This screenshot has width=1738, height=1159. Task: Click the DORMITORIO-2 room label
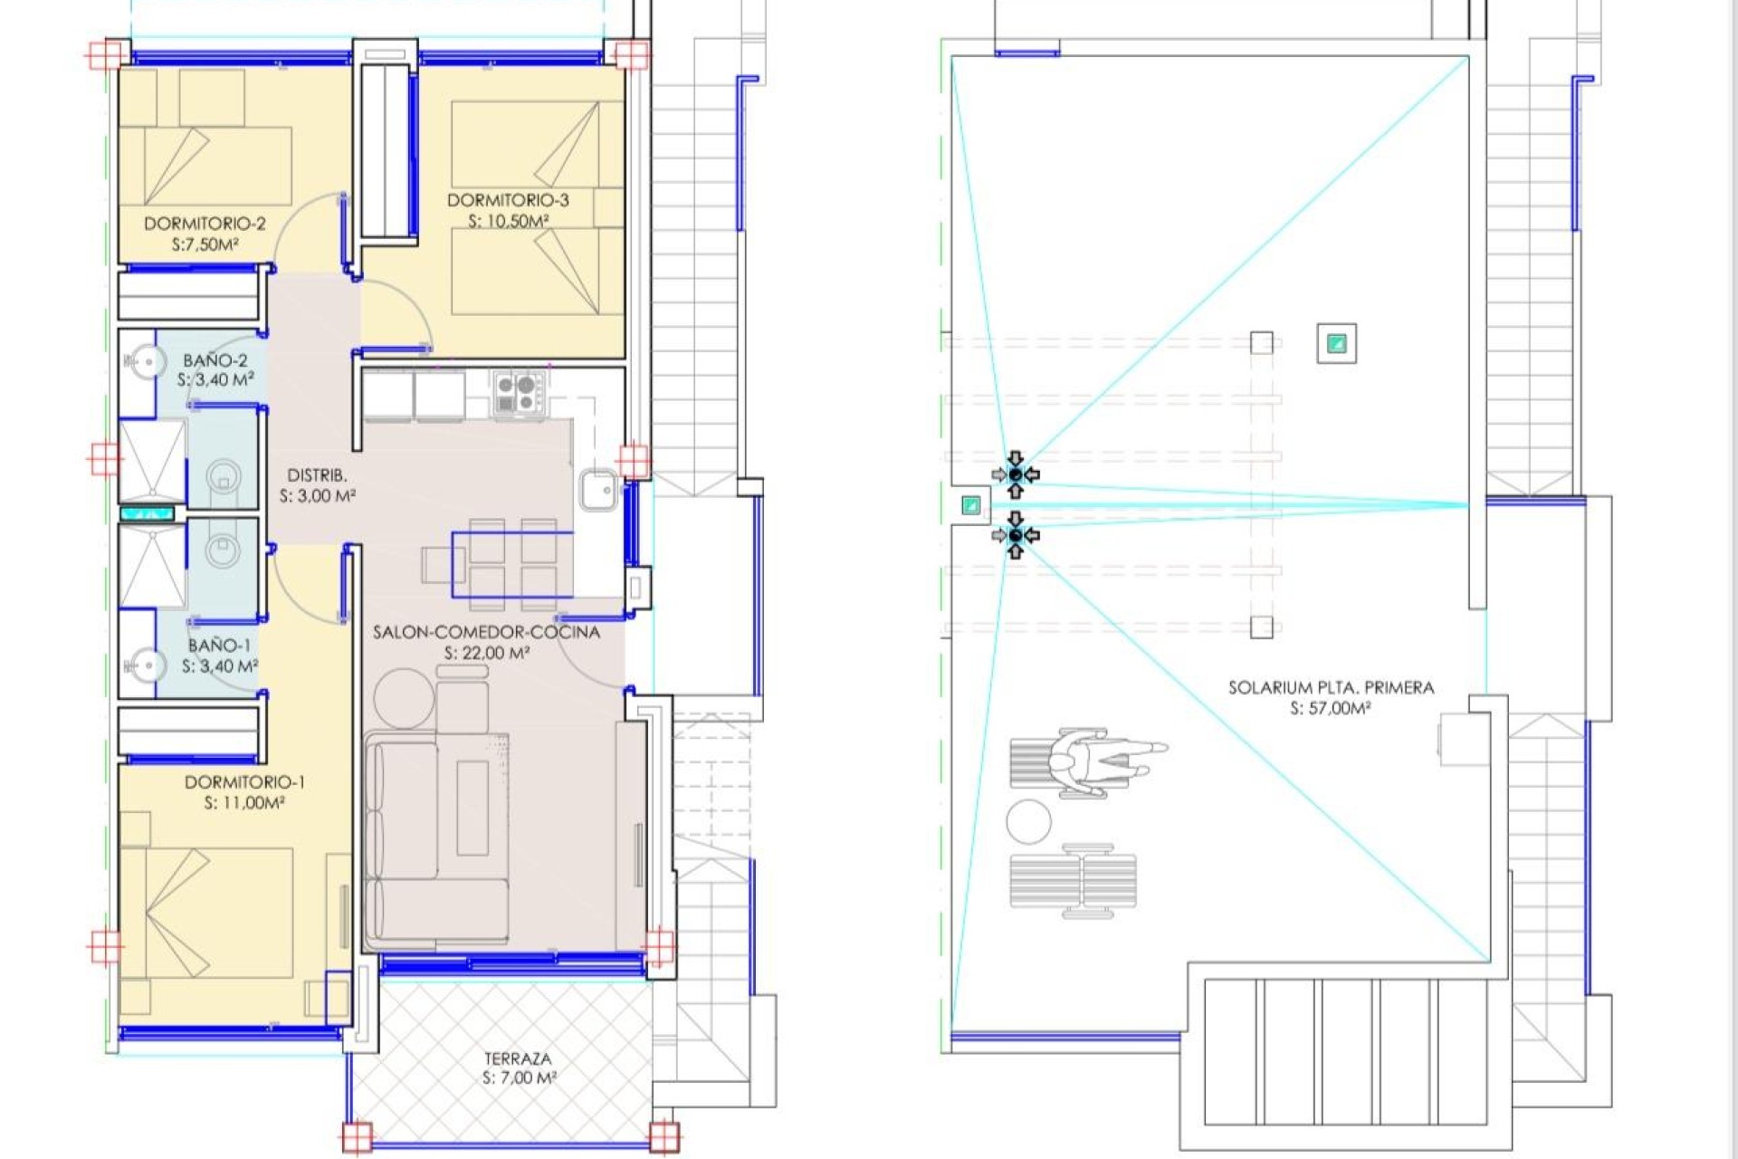tap(205, 224)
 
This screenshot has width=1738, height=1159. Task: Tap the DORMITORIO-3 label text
tap(508, 200)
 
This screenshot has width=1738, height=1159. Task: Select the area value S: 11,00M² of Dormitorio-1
tap(244, 802)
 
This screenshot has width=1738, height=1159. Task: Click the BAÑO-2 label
tap(215, 360)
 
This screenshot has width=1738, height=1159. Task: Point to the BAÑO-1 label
tap(219, 646)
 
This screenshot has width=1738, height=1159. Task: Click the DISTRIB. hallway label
tap(317, 475)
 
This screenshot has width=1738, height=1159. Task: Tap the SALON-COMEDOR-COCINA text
tap(486, 632)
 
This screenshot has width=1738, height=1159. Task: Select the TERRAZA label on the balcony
tap(517, 1058)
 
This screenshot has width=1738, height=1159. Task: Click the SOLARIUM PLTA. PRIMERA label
tap(1331, 688)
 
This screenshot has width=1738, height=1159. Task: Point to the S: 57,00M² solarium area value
tap(1330, 708)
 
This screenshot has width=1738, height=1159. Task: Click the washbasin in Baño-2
tap(143, 364)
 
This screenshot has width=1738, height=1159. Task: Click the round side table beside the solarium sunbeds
tap(1028, 822)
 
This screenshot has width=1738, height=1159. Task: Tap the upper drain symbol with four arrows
tap(1016, 474)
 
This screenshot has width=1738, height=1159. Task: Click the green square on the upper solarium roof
tap(1336, 343)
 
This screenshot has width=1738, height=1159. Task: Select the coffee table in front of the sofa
tap(472, 808)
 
